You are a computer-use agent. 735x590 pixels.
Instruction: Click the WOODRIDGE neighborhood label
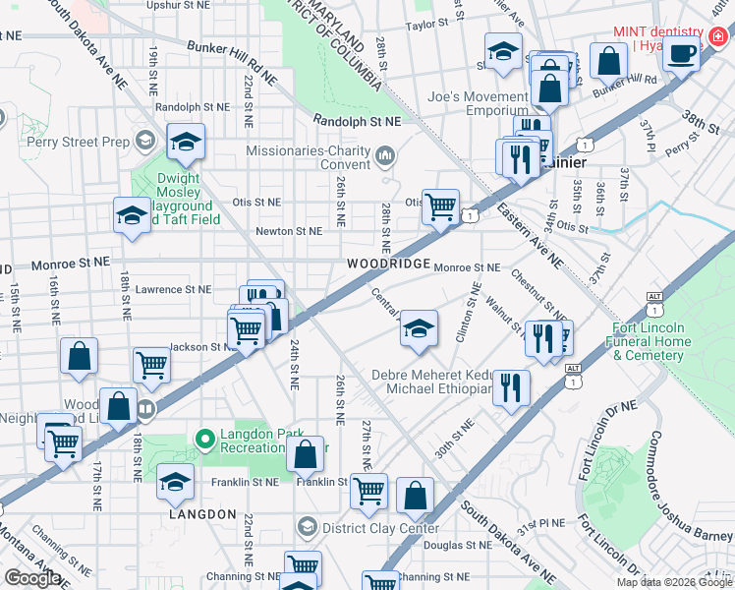[388, 265]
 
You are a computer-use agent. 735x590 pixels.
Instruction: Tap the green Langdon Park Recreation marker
[205, 439]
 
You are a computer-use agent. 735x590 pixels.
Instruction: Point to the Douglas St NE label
[458, 544]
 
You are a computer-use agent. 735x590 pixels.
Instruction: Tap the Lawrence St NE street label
[173, 289]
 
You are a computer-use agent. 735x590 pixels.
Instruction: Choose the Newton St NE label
[289, 231]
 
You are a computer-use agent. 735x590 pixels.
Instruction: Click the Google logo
[32, 578]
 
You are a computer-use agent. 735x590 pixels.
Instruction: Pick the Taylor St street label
[426, 25]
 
